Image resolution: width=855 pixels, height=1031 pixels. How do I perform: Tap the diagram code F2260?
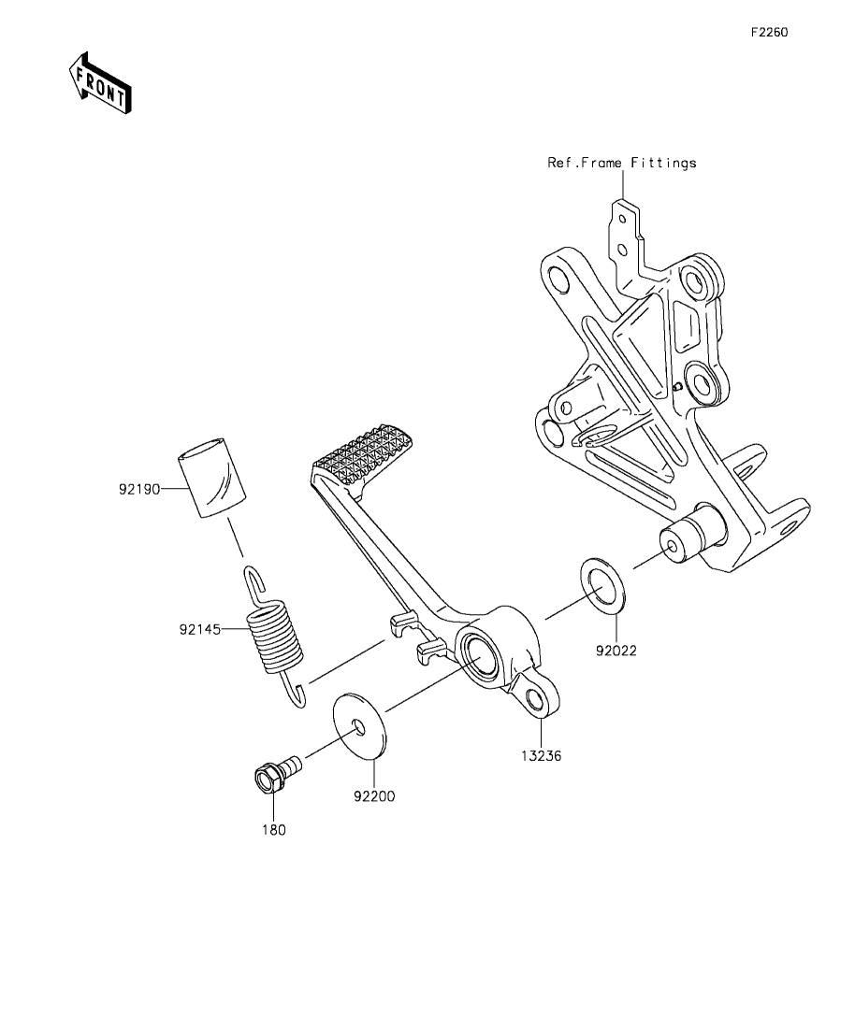click(770, 32)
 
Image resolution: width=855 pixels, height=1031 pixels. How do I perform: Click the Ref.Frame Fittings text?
click(621, 163)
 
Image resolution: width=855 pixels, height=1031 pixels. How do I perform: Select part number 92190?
click(139, 489)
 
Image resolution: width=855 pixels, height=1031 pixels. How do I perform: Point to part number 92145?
click(200, 630)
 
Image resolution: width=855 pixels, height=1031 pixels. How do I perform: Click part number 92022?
click(616, 651)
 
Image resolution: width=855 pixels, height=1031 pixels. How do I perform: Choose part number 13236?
click(541, 756)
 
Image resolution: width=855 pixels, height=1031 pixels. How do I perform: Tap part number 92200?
click(374, 796)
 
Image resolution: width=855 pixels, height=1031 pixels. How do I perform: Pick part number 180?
click(274, 830)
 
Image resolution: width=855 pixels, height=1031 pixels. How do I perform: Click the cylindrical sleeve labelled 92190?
click(210, 478)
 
